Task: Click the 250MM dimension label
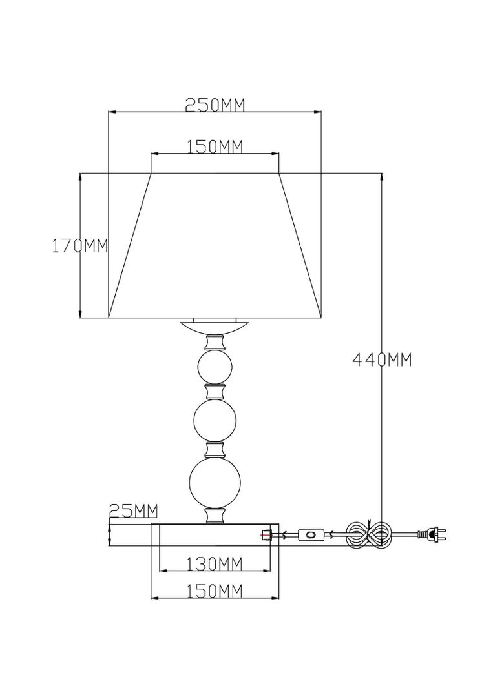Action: click(x=215, y=105)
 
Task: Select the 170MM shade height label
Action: click(x=80, y=245)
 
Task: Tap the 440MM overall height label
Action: click(x=383, y=359)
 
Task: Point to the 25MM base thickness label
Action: click(x=133, y=511)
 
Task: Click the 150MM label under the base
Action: click(x=215, y=591)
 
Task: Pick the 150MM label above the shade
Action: click(x=215, y=146)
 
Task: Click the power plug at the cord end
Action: click(x=431, y=534)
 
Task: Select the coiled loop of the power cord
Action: click(x=370, y=534)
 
